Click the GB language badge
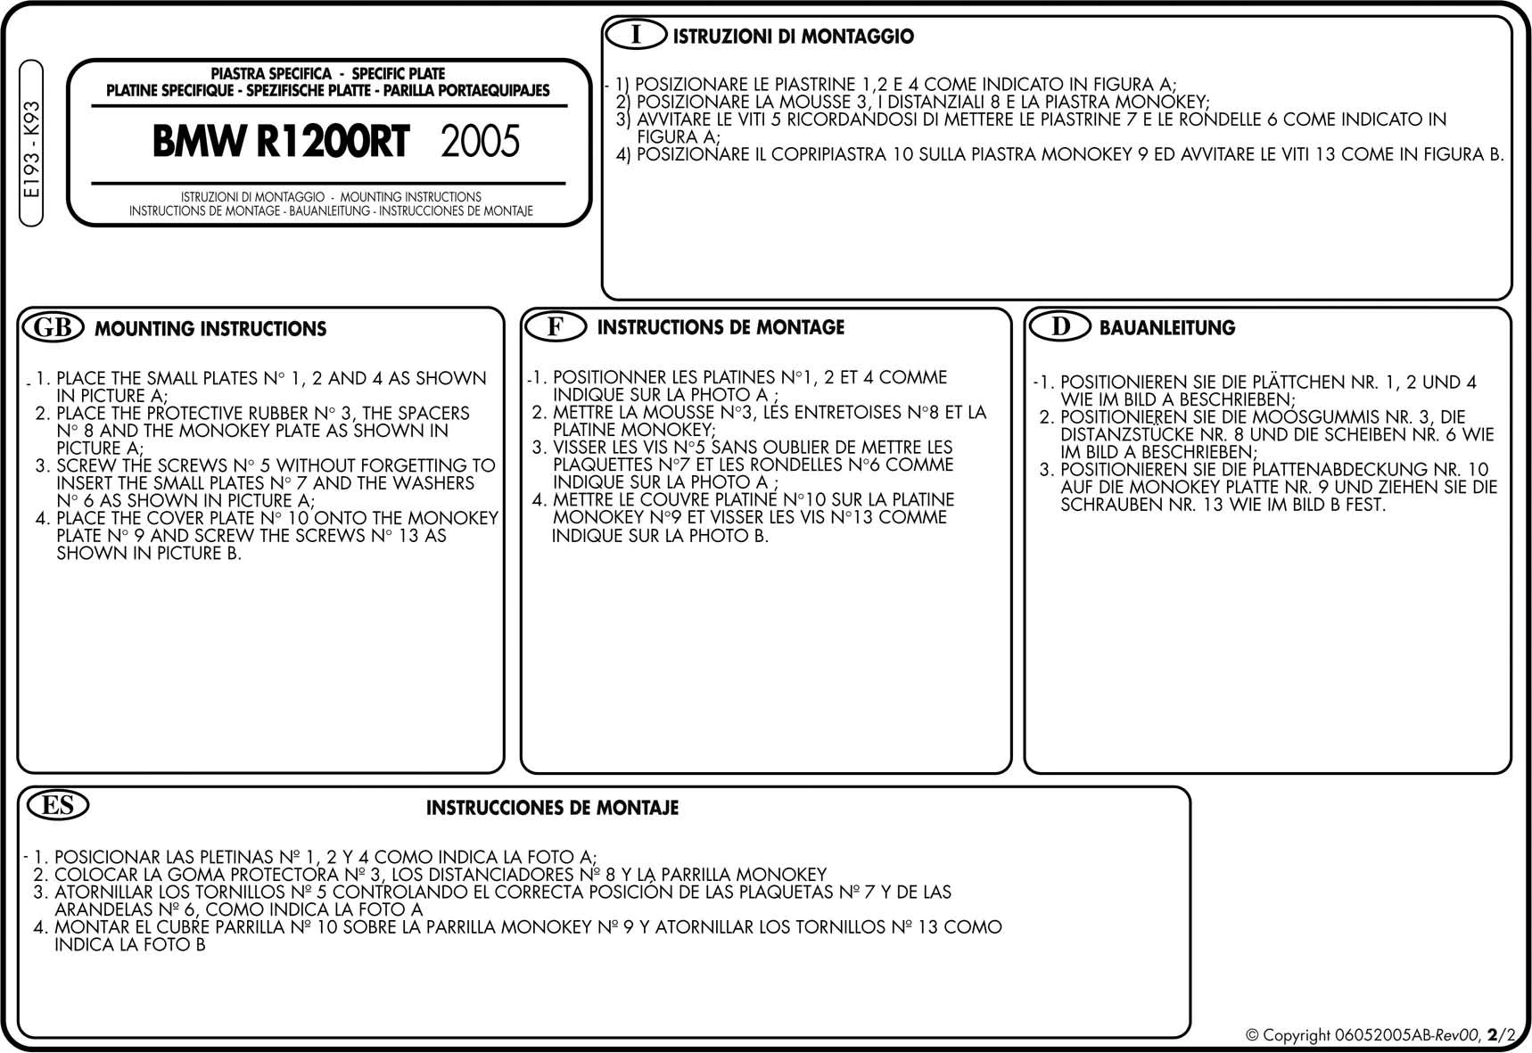point(53,327)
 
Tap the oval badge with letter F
point(555,326)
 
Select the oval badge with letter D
point(1060,326)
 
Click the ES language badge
point(58,805)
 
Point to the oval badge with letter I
point(636,35)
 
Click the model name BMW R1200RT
point(280,142)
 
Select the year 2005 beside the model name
point(480,142)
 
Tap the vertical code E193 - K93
point(32,149)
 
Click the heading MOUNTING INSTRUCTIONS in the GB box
point(210,329)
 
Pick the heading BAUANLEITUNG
point(1166,328)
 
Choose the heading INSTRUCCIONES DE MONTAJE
point(552,808)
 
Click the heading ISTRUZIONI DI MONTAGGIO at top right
point(793,37)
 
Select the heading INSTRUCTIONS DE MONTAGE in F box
point(721,327)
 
